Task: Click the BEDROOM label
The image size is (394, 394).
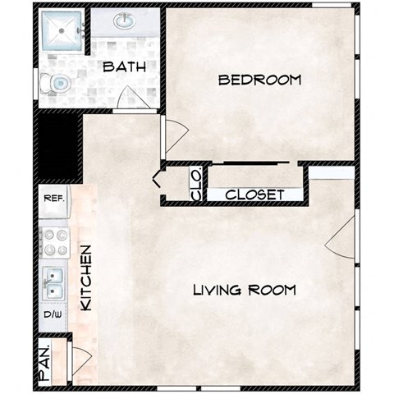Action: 259,80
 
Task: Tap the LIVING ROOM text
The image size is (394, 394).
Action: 244,290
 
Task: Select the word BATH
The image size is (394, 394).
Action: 124,68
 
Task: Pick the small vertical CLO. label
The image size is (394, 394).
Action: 195,185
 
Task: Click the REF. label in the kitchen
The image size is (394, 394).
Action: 53,197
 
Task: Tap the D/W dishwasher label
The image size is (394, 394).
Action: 53,314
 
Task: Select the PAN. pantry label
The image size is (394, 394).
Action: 47,362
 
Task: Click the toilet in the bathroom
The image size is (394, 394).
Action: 57,82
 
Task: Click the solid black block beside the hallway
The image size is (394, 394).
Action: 57,148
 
